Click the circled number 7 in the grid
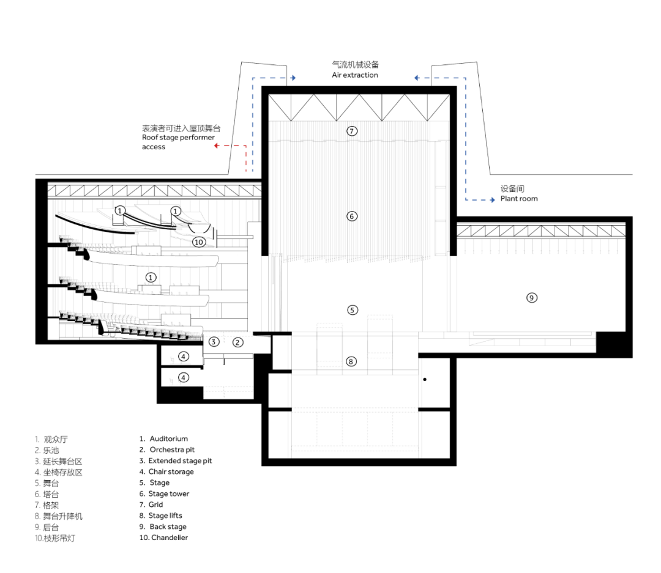click(351, 131)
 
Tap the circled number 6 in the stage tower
click(351, 216)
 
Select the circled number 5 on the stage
click(352, 310)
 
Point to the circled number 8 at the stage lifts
click(351, 361)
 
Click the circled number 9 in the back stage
click(532, 298)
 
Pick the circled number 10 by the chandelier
click(198, 242)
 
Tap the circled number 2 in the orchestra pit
click(238, 342)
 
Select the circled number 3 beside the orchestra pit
click(214, 342)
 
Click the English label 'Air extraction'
click(355, 75)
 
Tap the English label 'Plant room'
click(519, 199)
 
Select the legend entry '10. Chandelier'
click(163, 538)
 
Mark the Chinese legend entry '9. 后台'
click(47, 527)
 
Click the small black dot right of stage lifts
click(424, 380)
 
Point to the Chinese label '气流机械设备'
click(355, 64)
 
